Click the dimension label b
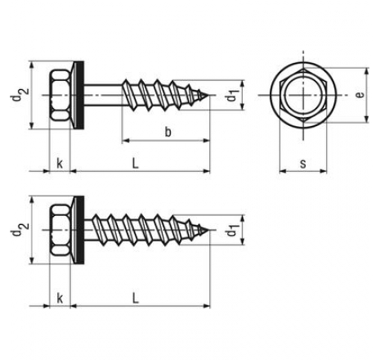click(168, 133)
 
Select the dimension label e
click(360, 95)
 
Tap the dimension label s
click(303, 164)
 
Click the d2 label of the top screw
click(20, 94)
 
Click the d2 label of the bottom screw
click(20, 229)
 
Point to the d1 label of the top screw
click(232, 95)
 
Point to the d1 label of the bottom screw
click(232, 230)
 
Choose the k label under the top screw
click(60, 164)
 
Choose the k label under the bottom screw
click(60, 299)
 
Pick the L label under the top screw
click(136, 164)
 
